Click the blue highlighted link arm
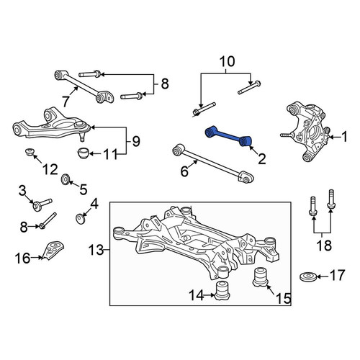click(x=228, y=136)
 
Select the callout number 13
click(x=96, y=250)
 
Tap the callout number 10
click(x=228, y=61)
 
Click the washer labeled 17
click(x=308, y=276)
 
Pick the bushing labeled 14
click(x=222, y=291)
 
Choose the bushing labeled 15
click(x=261, y=276)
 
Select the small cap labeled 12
click(x=30, y=152)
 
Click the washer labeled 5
click(x=66, y=179)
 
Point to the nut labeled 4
click(x=81, y=218)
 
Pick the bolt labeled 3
click(x=42, y=204)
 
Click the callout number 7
click(x=66, y=101)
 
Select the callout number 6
click(x=184, y=171)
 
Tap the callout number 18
click(x=324, y=245)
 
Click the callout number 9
click(x=136, y=141)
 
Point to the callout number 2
click(x=262, y=159)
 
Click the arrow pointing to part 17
click(x=323, y=276)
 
